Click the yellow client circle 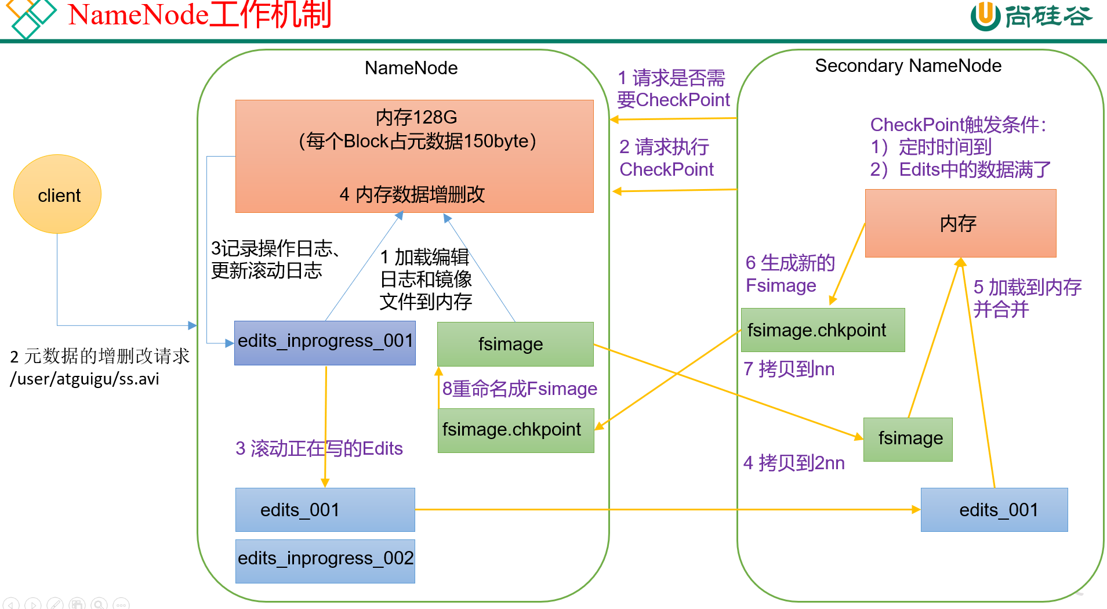57,194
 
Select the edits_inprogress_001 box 325,342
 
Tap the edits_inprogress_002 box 325,560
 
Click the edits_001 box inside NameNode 325,510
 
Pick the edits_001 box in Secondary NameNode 994,510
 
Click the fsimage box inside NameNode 515,344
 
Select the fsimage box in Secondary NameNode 908,439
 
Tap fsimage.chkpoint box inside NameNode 516,430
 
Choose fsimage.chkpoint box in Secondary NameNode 822,330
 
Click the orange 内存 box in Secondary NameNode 960,223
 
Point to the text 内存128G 416,118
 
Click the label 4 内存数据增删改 412,194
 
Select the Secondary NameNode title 908,66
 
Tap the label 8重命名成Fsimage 519,389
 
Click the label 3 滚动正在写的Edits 319,448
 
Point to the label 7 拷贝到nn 789,369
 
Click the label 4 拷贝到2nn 793,463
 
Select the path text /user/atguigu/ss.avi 85,379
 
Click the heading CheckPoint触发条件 957,125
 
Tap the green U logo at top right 985,16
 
